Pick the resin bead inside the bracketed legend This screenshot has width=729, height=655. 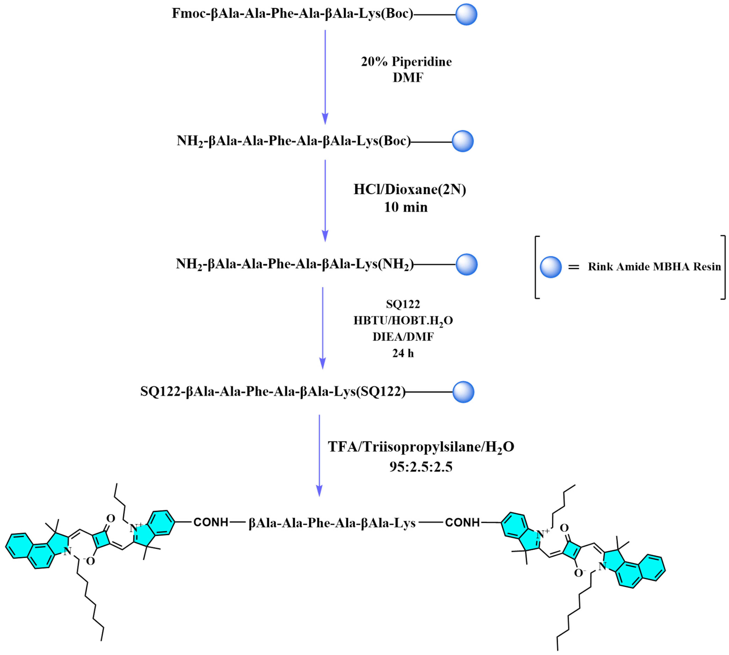550,267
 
